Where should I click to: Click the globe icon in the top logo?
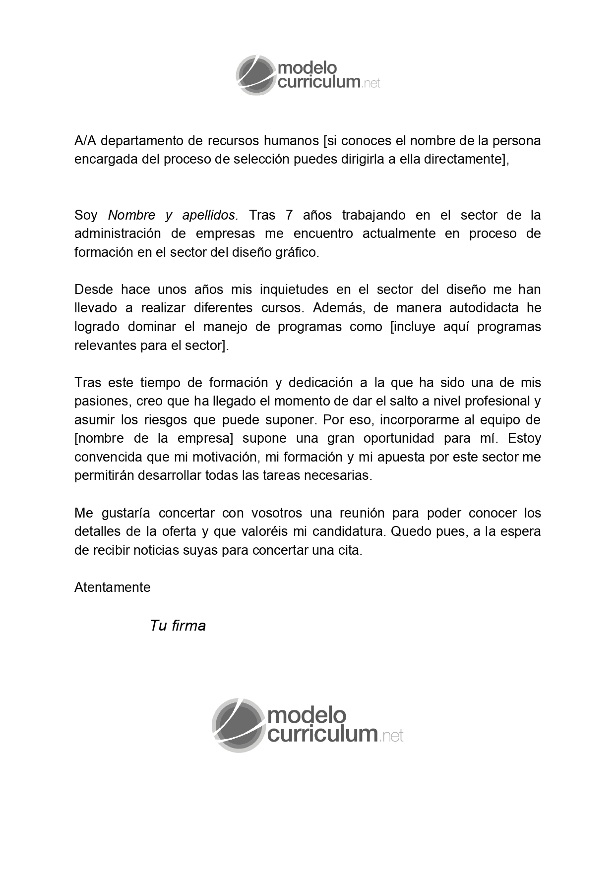(x=255, y=75)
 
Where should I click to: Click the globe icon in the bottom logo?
(x=238, y=725)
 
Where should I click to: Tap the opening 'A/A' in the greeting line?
(x=85, y=141)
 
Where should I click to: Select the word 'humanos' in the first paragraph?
(x=291, y=141)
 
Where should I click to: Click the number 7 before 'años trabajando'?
(x=290, y=215)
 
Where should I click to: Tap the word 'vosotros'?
(x=274, y=513)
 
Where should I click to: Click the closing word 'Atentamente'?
(x=113, y=587)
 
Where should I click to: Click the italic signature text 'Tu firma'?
(x=178, y=626)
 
